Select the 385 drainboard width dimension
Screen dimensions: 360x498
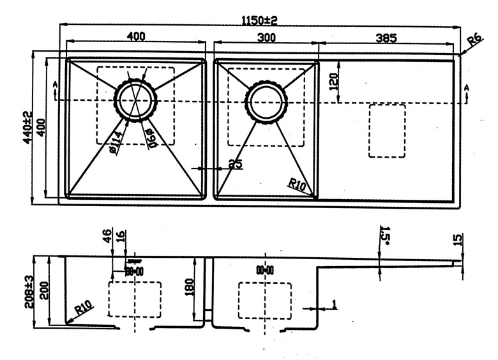pyautogui.click(x=386, y=38)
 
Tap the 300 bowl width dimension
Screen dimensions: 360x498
pyautogui.click(x=266, y=38)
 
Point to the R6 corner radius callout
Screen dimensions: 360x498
pyautogui.click(x=473, y=42)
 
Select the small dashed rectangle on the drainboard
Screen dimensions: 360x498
pyautogui.click(x=387, y=131)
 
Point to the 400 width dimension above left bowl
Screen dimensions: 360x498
pyautogui.click(x=135, y=37)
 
